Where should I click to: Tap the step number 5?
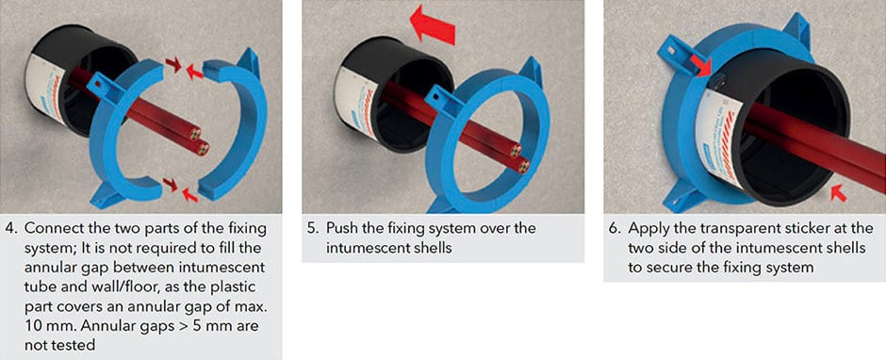[x=311, y=229]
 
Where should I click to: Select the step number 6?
[x=614, y=229]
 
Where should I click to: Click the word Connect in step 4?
[x=50, y=229]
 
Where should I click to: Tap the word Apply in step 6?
[x=647, y=231]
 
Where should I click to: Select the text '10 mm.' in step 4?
[x=46, y=326]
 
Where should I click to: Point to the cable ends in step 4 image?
[x=197, y=142]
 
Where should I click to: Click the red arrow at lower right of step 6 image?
[x=839, y=193]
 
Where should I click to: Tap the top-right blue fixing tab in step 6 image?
[x=797, y=30]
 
